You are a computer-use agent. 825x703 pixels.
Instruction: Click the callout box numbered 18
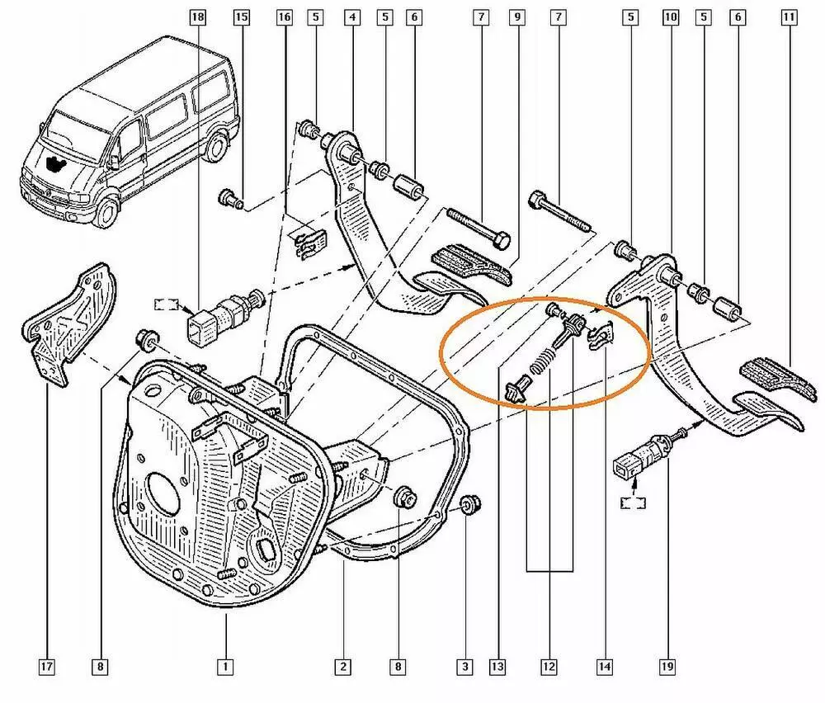pos(197,17)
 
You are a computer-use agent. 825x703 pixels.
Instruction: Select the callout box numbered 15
pos(241,17)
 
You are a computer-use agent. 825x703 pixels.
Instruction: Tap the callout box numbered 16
pos(284,17)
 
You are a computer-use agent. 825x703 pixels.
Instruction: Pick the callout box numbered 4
pos(352,17)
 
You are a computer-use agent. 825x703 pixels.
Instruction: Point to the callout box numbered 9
pos(517,17)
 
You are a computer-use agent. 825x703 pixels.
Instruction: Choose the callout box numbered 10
pos(670,17)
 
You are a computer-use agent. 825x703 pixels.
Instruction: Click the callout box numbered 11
pos(789,17)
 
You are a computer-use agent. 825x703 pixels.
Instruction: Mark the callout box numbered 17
pos(47,668)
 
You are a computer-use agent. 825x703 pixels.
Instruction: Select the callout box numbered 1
pos(225,668)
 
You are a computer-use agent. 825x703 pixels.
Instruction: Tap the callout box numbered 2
pos(342,668)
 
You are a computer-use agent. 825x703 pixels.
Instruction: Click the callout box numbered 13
pos(497,668)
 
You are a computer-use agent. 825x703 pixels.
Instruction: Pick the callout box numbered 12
pos(549,668)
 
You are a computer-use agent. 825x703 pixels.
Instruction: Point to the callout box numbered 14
pos(605,668)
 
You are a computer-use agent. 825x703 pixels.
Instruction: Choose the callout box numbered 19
pos(667,668)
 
